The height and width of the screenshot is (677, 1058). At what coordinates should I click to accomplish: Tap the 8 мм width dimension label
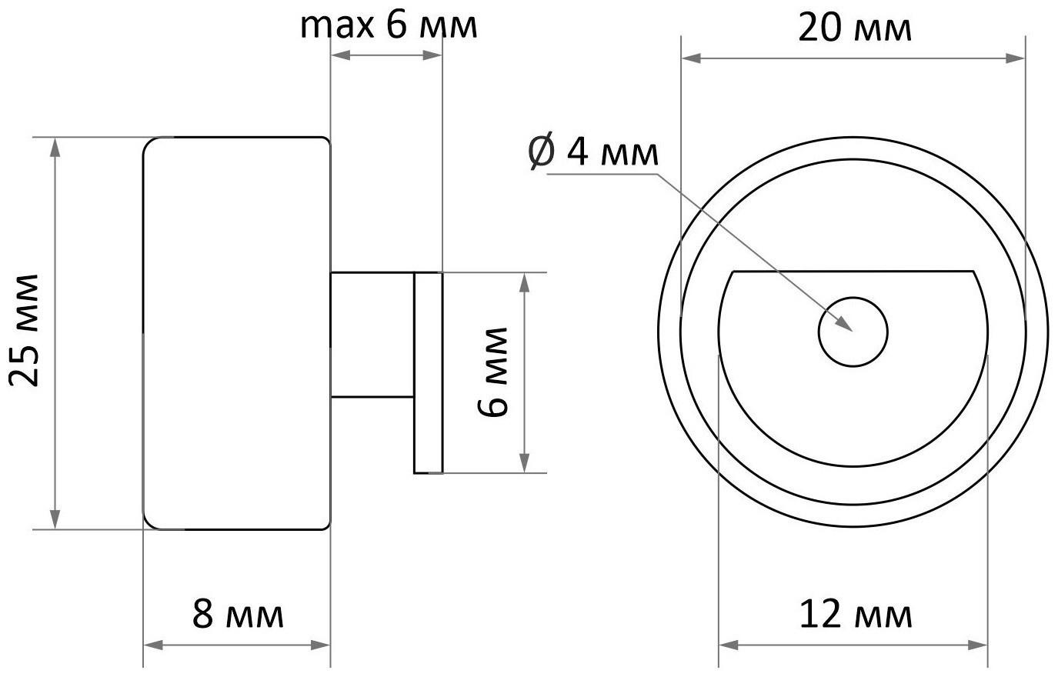(x=237, y=615)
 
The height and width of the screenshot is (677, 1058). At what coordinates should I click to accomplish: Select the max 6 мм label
(x=389, y=25)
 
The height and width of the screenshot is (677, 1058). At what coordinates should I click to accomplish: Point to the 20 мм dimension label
(x=854, y=29)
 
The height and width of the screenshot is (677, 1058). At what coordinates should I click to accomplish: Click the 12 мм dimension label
(x=854, y=615)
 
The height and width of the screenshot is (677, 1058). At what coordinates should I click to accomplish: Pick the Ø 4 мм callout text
(x=593, y=152)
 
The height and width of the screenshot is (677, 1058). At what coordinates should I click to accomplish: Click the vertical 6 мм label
(x=493, y=372)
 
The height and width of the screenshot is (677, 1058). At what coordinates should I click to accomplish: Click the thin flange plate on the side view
(x=428, y=372)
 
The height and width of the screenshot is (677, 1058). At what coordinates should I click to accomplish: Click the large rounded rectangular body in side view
(x=237, y=333)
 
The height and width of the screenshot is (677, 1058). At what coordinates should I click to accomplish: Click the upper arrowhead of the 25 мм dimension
(x=55, y=146)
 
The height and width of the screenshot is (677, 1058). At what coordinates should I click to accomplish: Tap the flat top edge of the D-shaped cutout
(x=853, y=272)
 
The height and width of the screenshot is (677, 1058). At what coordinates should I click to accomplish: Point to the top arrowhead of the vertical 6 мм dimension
(x=525, y=282)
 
